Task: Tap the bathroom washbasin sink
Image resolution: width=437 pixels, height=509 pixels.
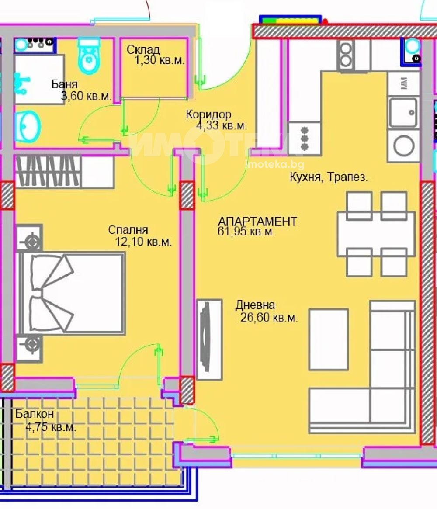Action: tap(28, 127)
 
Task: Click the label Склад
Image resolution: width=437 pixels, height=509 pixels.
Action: tap(143, 49)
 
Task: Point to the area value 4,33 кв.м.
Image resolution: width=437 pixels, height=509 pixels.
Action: tap(221, 125)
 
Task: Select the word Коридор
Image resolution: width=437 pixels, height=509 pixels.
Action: tap(208, 114)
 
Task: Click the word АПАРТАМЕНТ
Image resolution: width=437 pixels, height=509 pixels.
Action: tap(257, 222)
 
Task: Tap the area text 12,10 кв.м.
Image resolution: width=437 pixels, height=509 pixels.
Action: tap(143, 242)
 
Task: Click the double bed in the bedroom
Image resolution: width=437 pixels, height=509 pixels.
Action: tap(71, 294)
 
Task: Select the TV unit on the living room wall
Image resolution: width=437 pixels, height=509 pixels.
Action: tap(209, 339)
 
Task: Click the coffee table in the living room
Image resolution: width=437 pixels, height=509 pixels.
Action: tap(328, 339)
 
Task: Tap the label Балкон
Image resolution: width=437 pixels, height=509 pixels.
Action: tap(35, 414)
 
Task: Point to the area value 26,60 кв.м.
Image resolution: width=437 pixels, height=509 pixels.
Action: tap(269, 317)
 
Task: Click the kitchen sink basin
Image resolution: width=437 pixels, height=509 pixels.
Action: tap(403, 112)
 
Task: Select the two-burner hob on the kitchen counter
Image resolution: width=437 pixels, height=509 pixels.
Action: tap(346, 55)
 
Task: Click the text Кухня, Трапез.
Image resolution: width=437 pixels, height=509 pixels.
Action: tap(329, 177)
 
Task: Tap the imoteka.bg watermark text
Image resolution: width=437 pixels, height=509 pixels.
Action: tap(275, 164)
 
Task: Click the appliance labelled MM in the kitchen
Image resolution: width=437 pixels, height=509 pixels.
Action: tap(403, 83)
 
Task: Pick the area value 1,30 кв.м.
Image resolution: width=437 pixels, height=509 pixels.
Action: tap(160, 60)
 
